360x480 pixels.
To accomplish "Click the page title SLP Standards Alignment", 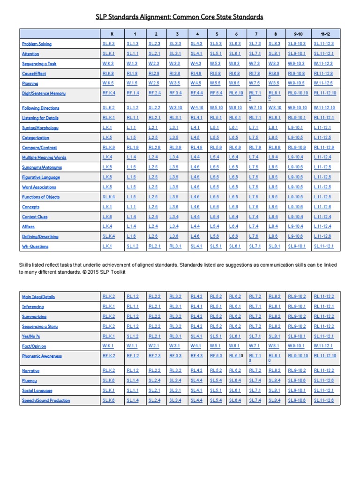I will pyautogui.click(x=180, y=17).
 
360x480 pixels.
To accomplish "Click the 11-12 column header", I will pyautogui.click(x=323, y=34).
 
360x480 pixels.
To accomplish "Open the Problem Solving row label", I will pyautogui.click(x=37, y=44).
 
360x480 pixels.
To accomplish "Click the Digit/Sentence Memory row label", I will pyautogui.click(x=44, y=93).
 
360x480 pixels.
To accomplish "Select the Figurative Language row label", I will pyautogui.click(x=41, y=177).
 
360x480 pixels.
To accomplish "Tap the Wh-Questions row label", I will pyautogui.click(x=35, y=246).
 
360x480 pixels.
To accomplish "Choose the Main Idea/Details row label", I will pyautogui.click(x=38, y=297).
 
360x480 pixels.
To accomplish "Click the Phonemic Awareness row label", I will pyautogui.click(x=42, y=356).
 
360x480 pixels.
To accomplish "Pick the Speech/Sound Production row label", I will pyautogui.click(x=46, y=400).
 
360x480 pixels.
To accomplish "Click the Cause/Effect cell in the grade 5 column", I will pyautogui.click(x=216, y=74).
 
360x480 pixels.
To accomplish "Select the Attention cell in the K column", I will pyautogui.click(x=109, y=54).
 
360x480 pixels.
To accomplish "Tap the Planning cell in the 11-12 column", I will pyautogui.click(x=323, y=83).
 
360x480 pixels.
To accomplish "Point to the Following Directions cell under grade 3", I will pyautogui.click(x=175, y=108).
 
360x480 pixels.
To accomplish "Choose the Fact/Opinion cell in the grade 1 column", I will pyautogui.click(x=132, y=346).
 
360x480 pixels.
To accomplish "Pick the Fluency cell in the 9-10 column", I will pyautogui.click(x=298, y=381).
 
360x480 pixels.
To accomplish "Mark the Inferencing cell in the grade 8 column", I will pyautogui.click(x=274, y=307).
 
